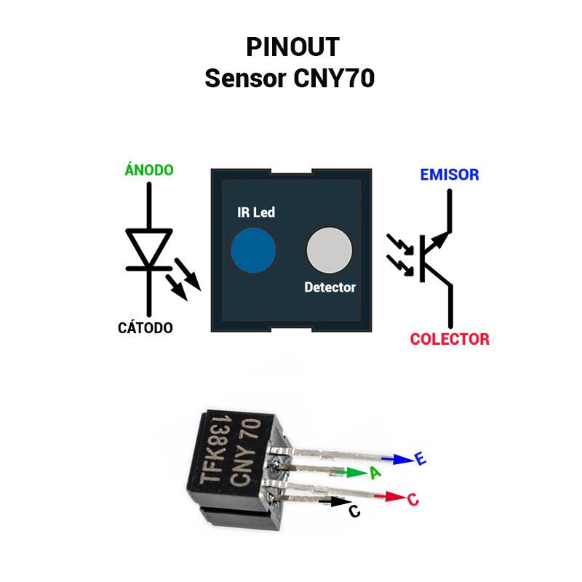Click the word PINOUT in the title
point(293,47)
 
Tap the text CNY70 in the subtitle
point(334,79)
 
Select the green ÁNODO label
point(149,170)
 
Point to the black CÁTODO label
point(145,328)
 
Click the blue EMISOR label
point(450,175)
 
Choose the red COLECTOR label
point(450,339)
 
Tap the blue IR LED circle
point(253,250)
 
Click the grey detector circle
point(330,250)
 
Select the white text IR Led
point(256,212)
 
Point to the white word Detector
point(330,287)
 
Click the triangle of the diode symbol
point(149,245)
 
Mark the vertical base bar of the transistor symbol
point(423,258)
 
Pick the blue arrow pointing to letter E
point(397,460)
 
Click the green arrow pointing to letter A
point(351,472)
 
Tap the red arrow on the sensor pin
point(390,497)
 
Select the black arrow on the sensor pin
point(335,502)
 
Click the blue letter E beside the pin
point(420,458)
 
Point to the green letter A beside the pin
point(375,472)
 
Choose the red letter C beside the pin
point(413,500)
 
